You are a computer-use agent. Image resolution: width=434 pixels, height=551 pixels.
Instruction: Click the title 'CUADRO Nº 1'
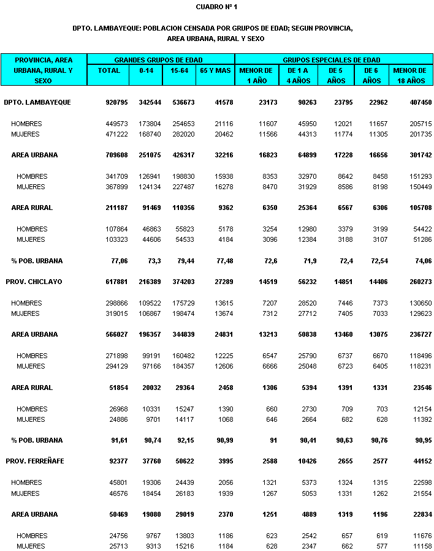pyautogui.click(x=216, y=7)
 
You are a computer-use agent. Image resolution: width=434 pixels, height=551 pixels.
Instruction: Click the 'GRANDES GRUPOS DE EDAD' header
pyautogui.click(x=161, y=60)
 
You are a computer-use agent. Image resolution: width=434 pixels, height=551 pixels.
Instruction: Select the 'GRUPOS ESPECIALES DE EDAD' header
pyautogui.click(x=332, y=60)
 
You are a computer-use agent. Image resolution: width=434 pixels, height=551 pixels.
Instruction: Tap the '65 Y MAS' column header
pyautogui.click(x=215, y=70)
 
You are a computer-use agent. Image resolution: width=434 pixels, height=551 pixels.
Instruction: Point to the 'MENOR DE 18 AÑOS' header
pyautogui.click(x=409, y=75)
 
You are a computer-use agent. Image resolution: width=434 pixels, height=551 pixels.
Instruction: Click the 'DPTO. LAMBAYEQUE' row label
pyautogui.click(x=37, y=102)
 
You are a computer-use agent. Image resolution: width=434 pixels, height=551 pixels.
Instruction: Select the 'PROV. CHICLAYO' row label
pyautogui.click(x=34, y=282)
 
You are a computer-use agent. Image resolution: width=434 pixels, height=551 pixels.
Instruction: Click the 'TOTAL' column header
pyautogui.click(x=108, y=70)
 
